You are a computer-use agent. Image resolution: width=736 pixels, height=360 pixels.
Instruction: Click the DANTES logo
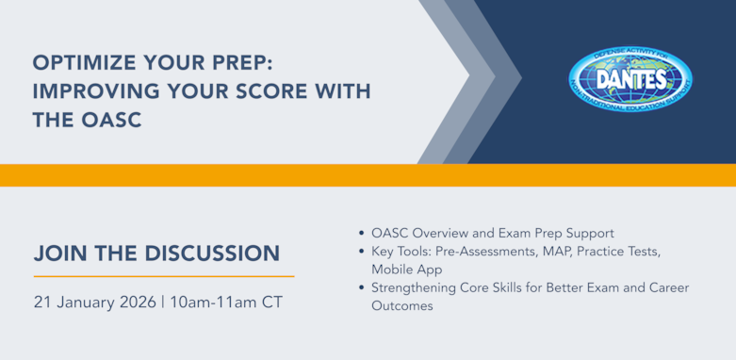[630, 79]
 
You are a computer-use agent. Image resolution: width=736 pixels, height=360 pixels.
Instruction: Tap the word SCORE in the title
[256, 92]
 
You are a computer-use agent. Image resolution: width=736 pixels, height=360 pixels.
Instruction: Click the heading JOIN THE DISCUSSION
[156, 254]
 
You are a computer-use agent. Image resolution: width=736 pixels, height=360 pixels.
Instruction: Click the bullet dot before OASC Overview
[364, 233]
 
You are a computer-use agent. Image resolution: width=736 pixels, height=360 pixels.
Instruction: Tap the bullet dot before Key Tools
[364, 251]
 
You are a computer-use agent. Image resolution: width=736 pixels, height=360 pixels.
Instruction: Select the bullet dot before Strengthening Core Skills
[364, 287]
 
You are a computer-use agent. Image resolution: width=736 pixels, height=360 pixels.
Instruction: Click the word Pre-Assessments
[490, 251]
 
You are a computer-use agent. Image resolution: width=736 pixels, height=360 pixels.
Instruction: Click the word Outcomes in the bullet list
[402, 305]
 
